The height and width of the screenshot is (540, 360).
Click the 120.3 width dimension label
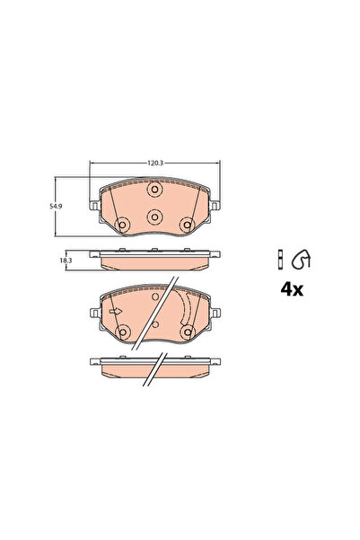click(154, 163)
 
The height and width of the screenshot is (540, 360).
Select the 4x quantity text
click(293, 288)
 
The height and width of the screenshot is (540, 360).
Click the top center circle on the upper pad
click(154, 190)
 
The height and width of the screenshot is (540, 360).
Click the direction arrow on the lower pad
click(115, 312)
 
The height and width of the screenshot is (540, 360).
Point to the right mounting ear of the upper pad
click(215, 206)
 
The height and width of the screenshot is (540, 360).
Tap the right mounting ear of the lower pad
click(215, 314)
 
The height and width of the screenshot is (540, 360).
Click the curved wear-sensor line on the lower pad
click(184, 310)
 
